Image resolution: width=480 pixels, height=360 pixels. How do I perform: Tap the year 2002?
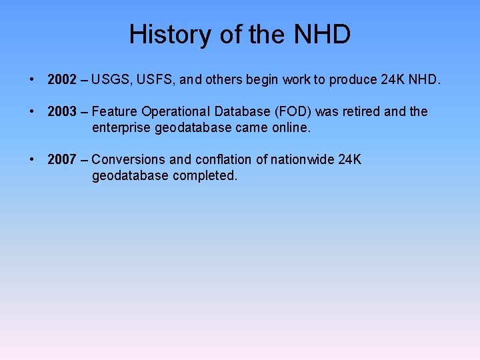point(62,81)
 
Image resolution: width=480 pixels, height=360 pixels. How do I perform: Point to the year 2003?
point(62,112)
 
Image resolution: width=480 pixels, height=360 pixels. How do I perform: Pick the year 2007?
point(62,159)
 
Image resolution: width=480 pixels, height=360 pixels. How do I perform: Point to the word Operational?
point(175,112)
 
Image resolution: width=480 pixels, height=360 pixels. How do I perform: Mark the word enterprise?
point(121,127)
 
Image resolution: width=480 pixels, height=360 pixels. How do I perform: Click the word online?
point(291,127)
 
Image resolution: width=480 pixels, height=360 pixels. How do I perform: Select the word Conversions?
point(128,159)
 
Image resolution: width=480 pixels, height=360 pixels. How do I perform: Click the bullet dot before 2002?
point(32,81)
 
